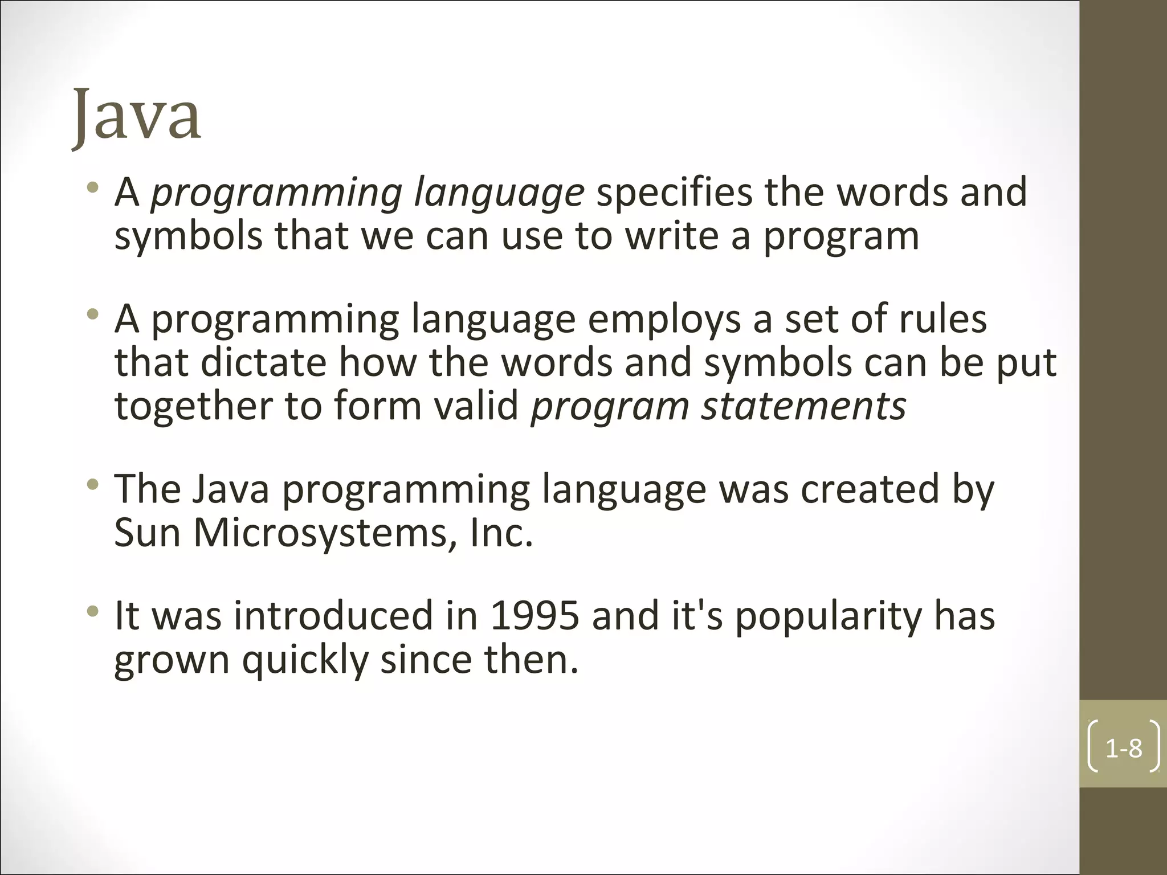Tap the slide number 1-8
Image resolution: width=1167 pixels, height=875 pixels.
coord(1124,749)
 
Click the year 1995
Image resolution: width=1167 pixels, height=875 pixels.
coord(534,616)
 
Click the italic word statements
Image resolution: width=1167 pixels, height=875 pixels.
coord(803,406)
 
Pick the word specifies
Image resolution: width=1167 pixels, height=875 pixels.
coord(674,193)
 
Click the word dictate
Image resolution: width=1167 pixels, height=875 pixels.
coord(263,363)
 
